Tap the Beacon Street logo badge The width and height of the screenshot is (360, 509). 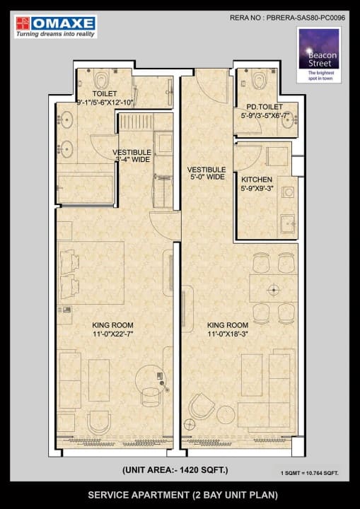(319, 55)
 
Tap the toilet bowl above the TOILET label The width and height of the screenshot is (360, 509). (103, 78)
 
